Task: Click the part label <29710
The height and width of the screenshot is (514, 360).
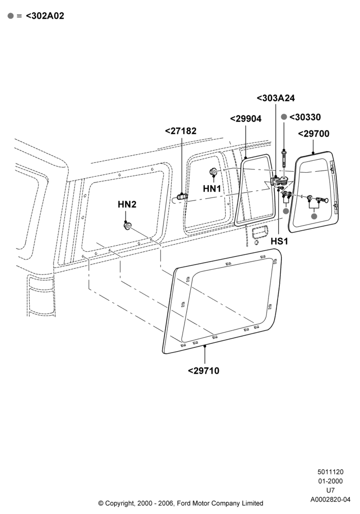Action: coord(204,371)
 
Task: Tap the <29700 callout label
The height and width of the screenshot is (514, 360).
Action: coord(314,134)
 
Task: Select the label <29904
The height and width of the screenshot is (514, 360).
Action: coord(246,119)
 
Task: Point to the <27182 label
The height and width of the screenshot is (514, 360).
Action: coord(181,131)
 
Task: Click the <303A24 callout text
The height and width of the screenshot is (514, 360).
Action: coord(276,98)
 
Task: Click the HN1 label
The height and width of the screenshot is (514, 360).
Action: coord(212,189)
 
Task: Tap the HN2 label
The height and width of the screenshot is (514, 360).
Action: coord(127,205)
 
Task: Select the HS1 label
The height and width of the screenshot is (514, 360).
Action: coord(279,242)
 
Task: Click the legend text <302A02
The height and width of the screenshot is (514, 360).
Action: coord(45,16)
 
